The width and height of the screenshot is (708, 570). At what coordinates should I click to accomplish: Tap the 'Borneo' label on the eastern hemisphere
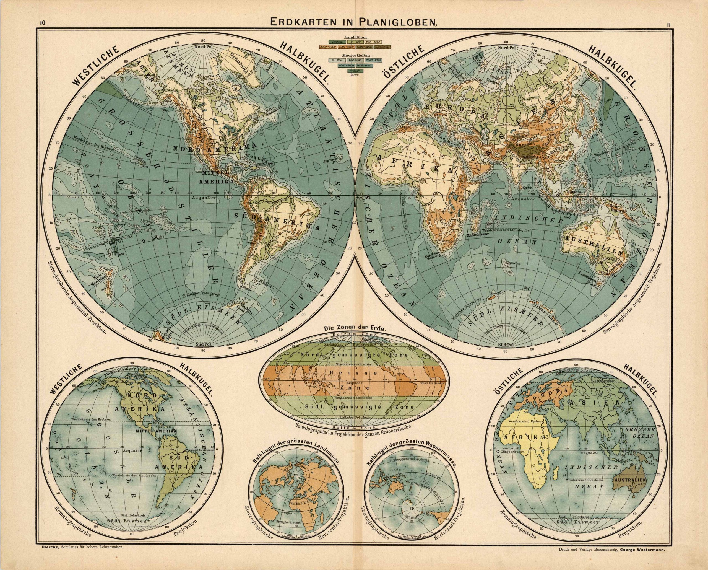pyautogui.click(x=572, y=191)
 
